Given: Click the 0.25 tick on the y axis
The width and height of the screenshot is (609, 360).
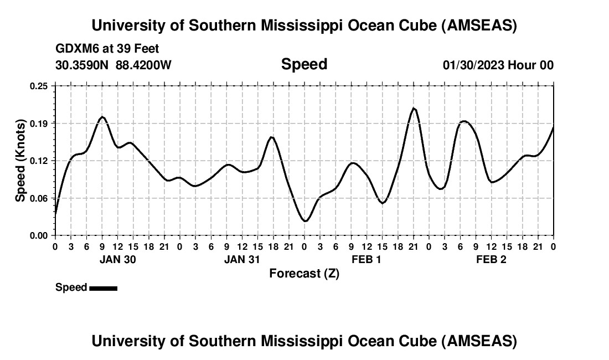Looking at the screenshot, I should tap(40, 86).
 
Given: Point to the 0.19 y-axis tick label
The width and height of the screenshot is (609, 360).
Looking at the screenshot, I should tap(40, 123).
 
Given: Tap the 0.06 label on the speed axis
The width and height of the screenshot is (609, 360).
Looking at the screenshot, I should tap(40, 198).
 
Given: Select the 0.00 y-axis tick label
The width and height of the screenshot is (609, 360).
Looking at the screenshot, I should tap(40, 235).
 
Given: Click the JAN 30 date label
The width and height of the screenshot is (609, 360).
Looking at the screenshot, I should tap(117, 259).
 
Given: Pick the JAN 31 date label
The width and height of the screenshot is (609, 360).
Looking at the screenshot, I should tap(242, 259).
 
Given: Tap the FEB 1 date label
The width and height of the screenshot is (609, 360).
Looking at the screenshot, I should tap(367, 259).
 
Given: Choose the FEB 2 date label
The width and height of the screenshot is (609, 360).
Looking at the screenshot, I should tap(491, 259).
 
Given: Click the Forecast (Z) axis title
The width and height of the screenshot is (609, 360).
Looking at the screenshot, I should tap(304, 273).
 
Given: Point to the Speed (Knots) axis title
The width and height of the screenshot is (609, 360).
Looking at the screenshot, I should tap(20, 160).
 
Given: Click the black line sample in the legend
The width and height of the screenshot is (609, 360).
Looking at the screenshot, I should tap(103, 288).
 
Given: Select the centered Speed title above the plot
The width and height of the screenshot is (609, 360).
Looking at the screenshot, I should tap(304, 64).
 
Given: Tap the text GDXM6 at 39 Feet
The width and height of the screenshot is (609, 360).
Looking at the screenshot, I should tap(107, 49).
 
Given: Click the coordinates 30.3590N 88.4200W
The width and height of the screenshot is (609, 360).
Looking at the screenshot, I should tap(113, 65).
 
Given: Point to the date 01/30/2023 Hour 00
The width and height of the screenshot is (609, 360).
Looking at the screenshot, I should tap(498, 65).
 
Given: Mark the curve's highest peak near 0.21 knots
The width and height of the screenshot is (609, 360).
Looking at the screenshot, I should tap(414, 108).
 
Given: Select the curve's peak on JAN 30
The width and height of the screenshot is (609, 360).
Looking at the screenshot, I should tap(102, 117).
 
